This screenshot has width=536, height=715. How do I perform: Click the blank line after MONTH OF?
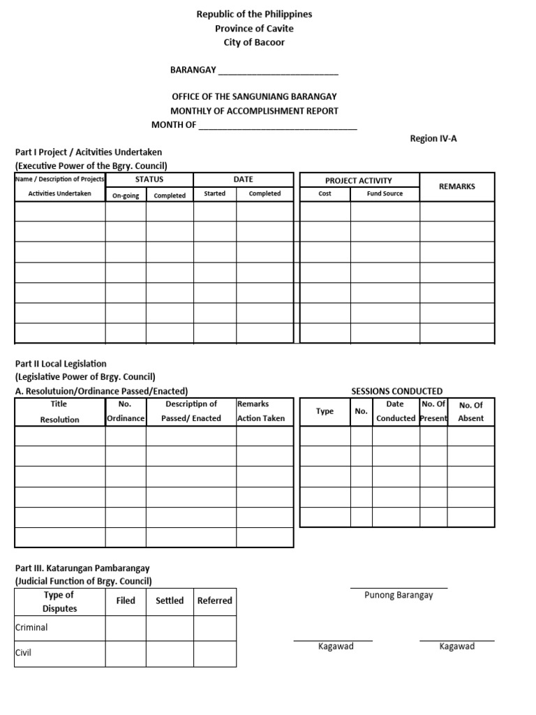[x=278, y=127]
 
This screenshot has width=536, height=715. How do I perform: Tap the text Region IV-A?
[x=433, y=138]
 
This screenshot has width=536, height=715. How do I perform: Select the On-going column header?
[x=126, y=196]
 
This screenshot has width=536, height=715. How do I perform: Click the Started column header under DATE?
[x=214, y=193]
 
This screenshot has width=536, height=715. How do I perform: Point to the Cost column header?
[x=325, y=193]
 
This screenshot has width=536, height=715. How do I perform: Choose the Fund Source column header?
[x=385, y=193]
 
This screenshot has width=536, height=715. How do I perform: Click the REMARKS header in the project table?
[x=456, y=186]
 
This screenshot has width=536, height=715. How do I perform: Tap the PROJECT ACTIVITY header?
[x=359, y=180]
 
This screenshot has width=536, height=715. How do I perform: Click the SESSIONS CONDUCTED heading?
[x=396, y=391]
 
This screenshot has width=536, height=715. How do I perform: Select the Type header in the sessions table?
[x=325, y=411]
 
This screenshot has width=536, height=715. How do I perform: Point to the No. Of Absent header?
[x=470, y=411]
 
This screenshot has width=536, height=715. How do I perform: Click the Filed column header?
[x=126, y=600]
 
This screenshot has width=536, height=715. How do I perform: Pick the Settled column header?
[x=170, y=600]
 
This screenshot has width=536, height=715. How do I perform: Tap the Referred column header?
[x=214, y=600]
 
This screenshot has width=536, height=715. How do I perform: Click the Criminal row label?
[x=31, y=627]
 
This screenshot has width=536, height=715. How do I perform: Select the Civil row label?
[x=24, y=653]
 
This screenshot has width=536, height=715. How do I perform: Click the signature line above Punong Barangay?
[x=399, y=588]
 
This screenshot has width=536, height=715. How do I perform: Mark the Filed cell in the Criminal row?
[x=126, y=628]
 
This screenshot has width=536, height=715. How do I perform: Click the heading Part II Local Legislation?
[x=61, y=364]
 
